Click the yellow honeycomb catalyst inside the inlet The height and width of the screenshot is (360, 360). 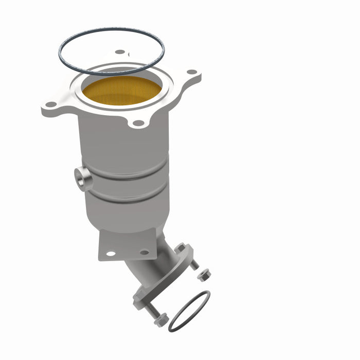point(122,91)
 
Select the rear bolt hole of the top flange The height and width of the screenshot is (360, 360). point(120,52)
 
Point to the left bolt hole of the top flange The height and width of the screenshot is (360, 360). point(51,104)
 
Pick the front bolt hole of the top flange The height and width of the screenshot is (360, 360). point(138,123)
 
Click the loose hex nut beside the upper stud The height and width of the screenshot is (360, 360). point(204,274)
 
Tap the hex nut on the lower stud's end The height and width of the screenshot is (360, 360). point(160,320)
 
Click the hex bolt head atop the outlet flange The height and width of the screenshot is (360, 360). point(181,248)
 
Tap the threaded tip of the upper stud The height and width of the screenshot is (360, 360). point(194,265)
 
